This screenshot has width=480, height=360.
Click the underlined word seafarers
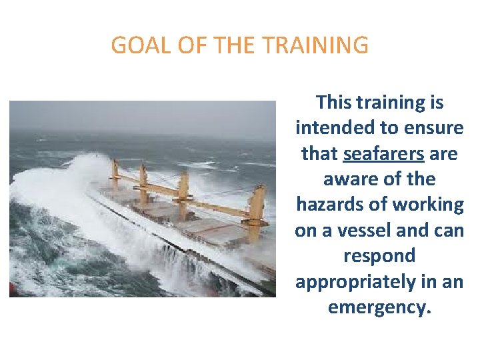click(x=383, y=154)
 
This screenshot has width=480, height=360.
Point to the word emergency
click(x=379, y=308)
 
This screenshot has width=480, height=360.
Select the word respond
click(x=379, y=256)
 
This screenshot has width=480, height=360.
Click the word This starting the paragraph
click(x=337, y=103)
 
